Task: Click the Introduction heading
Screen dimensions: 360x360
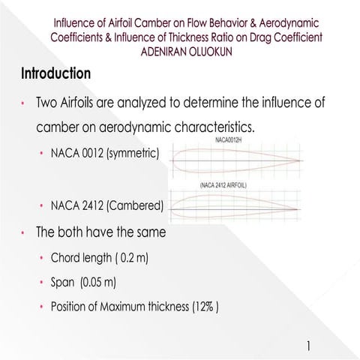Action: pyautogui.click(x=56, y=74)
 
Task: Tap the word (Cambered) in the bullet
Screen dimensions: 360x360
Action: pyautogui.click(x=141, y=204)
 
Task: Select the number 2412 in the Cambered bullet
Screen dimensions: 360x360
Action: pyautogui.click(x=92, y=204)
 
